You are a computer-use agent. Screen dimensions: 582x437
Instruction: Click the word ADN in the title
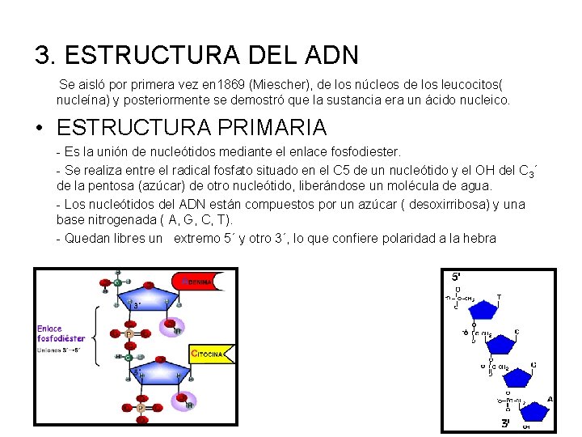coord(333,55)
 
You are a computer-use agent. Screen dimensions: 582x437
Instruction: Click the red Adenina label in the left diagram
coord(193,282)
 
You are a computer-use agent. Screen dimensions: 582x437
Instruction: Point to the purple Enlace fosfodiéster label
coord(61,333)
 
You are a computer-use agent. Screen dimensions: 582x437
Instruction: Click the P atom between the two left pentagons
coord(129,333)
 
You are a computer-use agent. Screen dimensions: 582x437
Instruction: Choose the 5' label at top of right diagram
coord(457,277)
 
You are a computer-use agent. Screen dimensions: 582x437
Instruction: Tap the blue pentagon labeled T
coord(483,309)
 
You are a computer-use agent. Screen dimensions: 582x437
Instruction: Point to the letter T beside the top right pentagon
coord(499,297)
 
